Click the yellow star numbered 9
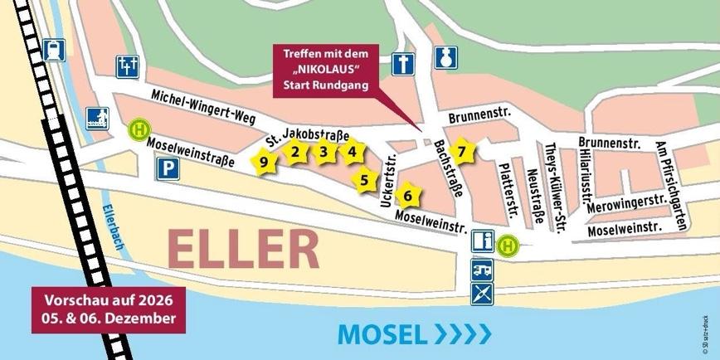(x=264, y=162)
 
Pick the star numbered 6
(x=407, y=196)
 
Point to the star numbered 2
(x=294, y=151)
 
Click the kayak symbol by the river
(x=484, y=293)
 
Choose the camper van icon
(x=484, y=268)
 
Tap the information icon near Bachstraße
(x=484, y=243)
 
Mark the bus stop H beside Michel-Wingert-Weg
(x=139, y=129)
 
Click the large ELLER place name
(x=243, y=249)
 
